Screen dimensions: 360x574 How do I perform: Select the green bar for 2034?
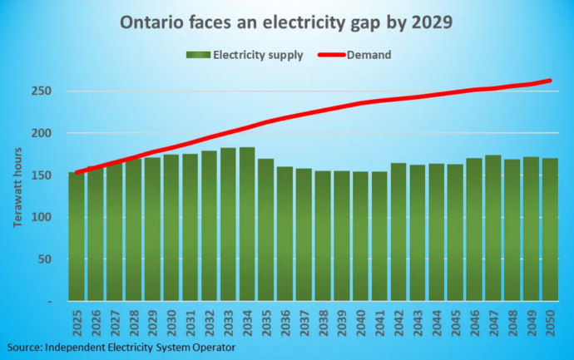point(247,224)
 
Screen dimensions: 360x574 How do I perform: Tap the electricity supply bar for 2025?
point(77,236)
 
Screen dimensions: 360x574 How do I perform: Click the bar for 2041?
point(379,236)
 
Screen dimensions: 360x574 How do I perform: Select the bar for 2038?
point(323,236)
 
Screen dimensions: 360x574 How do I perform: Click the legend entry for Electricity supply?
point(240,55)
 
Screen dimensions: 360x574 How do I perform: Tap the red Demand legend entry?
point(354,55)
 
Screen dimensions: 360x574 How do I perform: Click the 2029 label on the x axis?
point(152,320)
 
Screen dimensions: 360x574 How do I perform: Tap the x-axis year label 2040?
point(360,320)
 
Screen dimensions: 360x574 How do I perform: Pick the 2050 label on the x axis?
point(549,320)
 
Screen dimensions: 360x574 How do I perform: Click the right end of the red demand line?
point(550,81)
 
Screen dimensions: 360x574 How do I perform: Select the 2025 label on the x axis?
point(77,320)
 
